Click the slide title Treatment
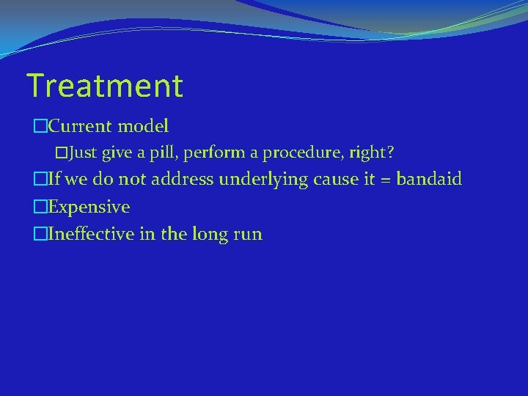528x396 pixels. pyautogui.click(x=104, y=86)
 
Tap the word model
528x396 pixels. pyautogui.click(x=143, y=126)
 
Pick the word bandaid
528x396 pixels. pyautogui.click(x=429, y=180)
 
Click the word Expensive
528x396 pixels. pyautogui.click(x=88, y=208)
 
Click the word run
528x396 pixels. pyautogui.click(x=248, y=235)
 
